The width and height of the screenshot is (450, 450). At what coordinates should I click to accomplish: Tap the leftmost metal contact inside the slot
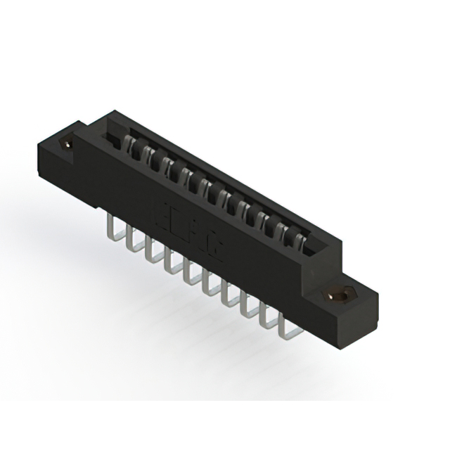point(130,146)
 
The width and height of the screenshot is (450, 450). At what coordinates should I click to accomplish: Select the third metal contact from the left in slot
point(168,167)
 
